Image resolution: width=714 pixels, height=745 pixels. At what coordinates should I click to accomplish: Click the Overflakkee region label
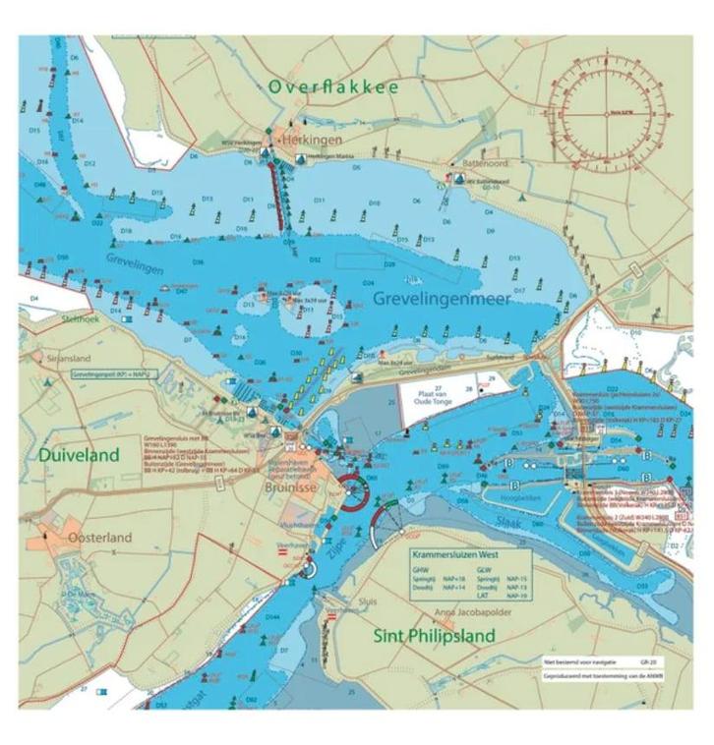coord(333,87)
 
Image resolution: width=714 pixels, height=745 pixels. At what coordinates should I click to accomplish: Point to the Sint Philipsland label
coord(435,636)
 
